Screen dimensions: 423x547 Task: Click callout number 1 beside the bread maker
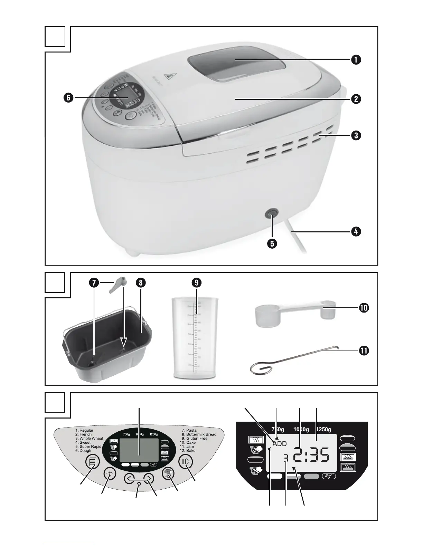355,60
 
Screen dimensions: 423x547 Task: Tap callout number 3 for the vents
355,135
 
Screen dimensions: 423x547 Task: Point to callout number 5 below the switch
272,243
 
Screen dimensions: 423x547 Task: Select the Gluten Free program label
197,438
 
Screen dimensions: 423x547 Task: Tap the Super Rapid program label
90,447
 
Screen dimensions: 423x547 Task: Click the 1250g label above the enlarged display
324,430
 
